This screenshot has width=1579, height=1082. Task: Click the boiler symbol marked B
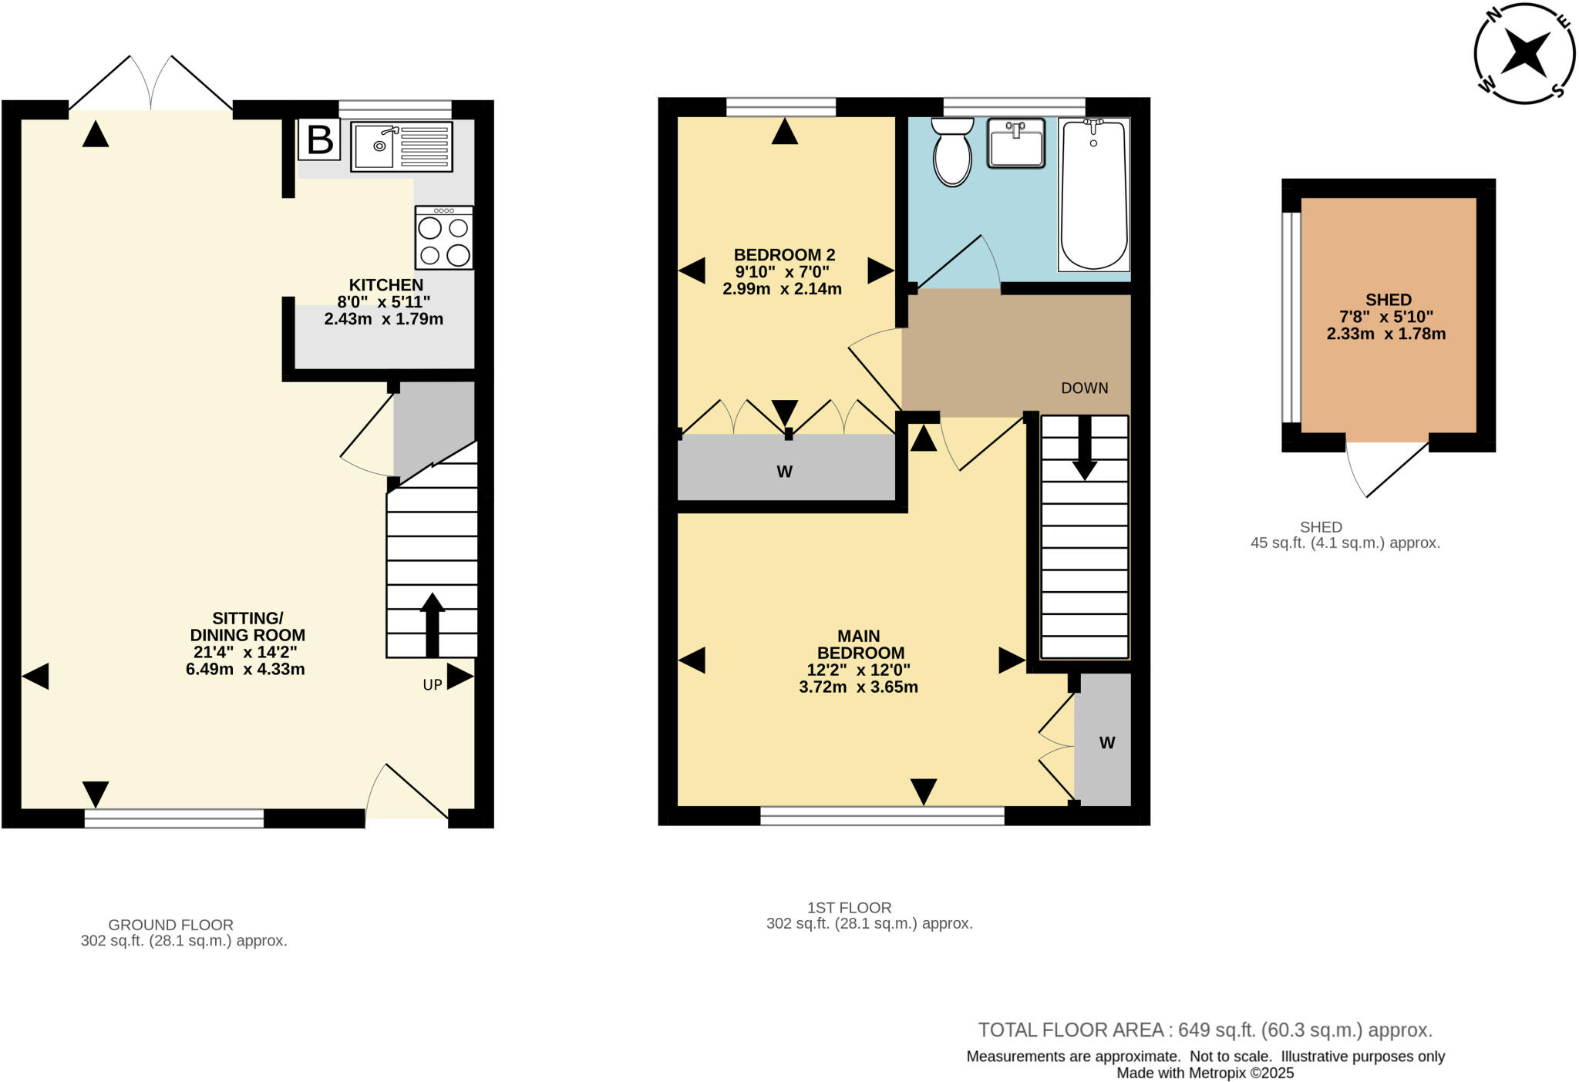(x=319, y=140)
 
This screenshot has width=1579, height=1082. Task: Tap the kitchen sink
(x=401, y=146)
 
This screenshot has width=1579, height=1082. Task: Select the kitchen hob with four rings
(x=444, y=237)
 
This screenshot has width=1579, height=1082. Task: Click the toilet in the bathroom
(x=952, y=153)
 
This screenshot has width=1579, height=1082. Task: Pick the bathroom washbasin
(x=1016, y=143)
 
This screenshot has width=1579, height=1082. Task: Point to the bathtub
(x=1093, y=194)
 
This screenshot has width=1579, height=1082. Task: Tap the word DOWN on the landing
(x=1084, y=388)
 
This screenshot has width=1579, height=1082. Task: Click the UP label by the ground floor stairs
(x=432, y=684)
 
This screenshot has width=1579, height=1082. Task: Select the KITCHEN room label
(x=385, y=285)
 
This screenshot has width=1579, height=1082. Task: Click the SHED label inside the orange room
(x=1388, y=300)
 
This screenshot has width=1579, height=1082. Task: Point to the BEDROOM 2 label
(x=784, y=255)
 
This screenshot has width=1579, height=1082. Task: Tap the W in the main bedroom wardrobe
(x=1106, y=743)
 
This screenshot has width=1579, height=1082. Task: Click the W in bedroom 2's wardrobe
(x=784, y=472)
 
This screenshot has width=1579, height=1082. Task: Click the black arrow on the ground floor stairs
(x=432, y=624)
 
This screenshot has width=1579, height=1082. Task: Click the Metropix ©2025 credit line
(x=1205, y=1073)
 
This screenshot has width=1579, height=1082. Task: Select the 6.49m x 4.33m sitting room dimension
(x=245, y=669)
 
